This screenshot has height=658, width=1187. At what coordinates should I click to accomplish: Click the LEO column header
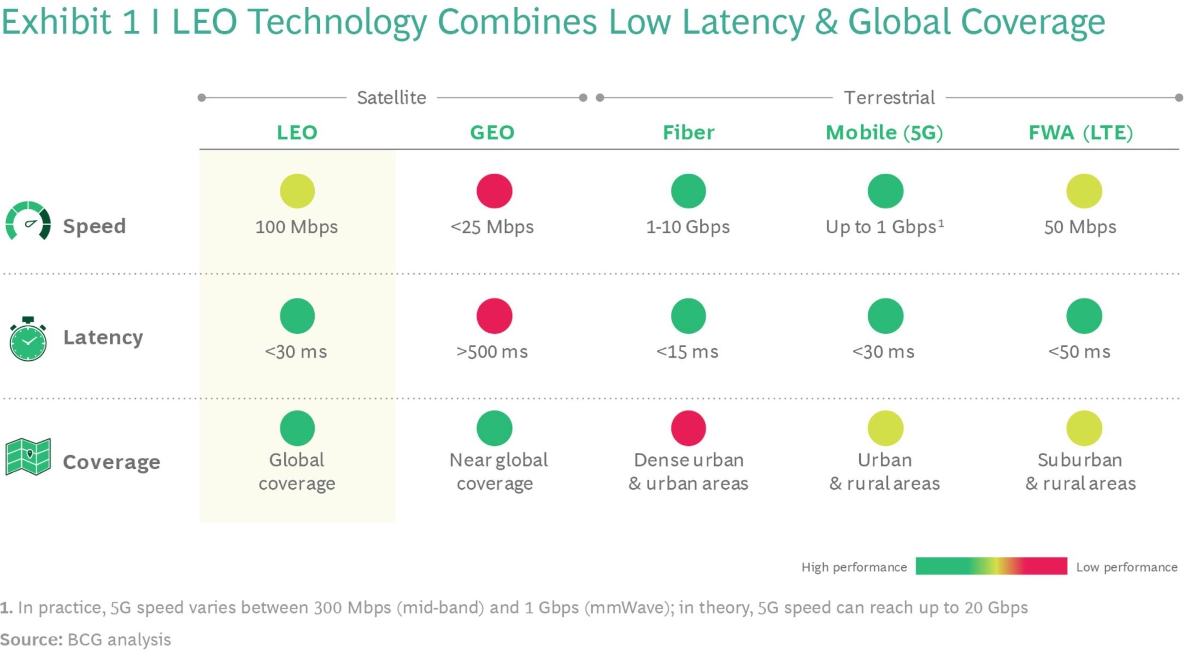click(297, 133)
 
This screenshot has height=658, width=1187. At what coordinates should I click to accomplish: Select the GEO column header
click(492, 133)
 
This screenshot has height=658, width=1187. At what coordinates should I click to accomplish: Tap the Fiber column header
click(688, 133)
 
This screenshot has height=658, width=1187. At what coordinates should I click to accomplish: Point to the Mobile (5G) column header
click(884, 133)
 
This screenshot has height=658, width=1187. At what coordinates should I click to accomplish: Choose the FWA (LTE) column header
click(1080, 133)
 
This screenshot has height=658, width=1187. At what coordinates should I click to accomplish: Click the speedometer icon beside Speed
click(28, 221)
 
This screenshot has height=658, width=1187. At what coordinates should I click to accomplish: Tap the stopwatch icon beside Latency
click(28, 339)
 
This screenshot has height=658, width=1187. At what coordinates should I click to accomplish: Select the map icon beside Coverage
click(28, 457)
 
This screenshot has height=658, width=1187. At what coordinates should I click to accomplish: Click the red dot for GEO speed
click(494, 191)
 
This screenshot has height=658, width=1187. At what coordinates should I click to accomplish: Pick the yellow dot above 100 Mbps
click(297, 191)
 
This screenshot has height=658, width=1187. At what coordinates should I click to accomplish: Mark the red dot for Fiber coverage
click(689, 428)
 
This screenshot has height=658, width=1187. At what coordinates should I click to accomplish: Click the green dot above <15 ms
click(689, 316)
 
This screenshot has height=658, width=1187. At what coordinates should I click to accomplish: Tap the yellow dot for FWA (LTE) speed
click(1084, 191)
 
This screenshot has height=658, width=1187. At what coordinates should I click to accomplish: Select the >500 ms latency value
click(492, 352)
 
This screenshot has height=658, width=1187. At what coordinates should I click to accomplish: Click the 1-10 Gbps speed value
click(688, 227)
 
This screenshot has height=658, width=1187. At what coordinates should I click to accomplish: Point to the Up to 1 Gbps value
click(884, 227)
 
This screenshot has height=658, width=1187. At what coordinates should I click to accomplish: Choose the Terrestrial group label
click(889, 98)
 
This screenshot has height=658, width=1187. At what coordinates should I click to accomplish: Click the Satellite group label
click(391, 98)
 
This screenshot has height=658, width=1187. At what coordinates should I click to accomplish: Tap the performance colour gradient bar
click(991, 566)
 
